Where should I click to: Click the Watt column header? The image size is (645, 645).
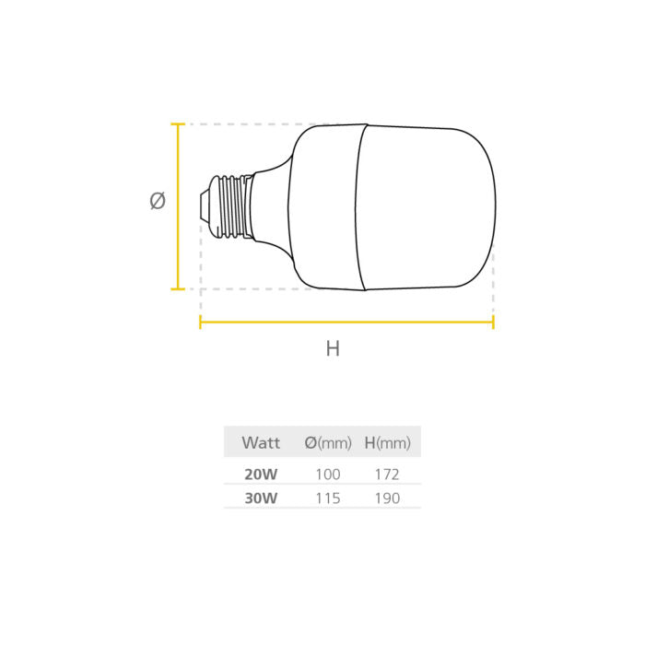(261, 443)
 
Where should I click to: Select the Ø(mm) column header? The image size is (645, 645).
(328, 443)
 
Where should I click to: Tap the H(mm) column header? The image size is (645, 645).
(387, 443)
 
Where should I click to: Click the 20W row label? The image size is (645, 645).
(260, 475)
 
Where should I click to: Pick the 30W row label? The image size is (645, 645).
(260, 498)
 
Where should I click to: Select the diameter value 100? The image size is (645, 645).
(328, 475)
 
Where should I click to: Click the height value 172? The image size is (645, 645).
(387, 475)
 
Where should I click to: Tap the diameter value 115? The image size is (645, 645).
(328, 498)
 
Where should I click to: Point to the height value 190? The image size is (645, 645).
(387, 498)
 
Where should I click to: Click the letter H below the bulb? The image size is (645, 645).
(333, 349)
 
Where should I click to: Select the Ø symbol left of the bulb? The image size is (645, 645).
(158, 201)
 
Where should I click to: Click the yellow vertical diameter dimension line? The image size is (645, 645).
(178, 206)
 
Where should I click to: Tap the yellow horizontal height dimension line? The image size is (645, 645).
(346, 322)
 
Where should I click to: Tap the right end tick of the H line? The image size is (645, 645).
(493, 322)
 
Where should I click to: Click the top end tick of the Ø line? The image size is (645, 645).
(178, 124)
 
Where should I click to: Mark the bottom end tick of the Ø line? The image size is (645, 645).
(178, 288)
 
